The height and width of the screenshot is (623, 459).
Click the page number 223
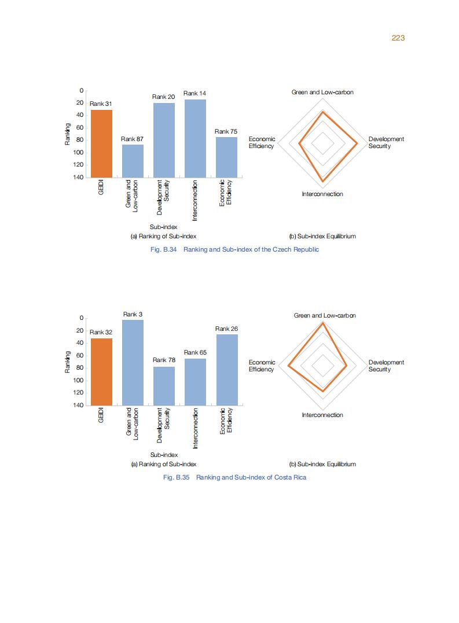398,38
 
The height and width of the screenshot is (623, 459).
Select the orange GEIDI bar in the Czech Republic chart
101,143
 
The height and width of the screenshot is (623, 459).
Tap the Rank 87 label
132,139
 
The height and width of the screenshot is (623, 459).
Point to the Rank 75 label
226,132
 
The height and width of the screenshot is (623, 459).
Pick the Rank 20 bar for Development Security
164,139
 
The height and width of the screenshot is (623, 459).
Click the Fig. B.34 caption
234,249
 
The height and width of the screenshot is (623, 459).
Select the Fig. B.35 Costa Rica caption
234,477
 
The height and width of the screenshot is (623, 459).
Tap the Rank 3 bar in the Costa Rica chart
133,362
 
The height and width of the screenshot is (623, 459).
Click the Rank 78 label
164,360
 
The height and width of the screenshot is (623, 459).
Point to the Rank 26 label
226,329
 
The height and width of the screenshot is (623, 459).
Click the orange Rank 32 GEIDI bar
101,371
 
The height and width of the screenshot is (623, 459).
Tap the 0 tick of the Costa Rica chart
82,318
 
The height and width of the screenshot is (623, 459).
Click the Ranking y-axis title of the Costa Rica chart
68,362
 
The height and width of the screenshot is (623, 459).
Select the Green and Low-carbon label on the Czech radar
322,93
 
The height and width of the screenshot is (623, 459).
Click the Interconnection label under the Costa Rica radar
322,415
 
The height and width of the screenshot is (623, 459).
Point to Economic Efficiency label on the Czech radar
262,142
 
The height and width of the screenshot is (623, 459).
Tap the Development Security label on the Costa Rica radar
386,366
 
